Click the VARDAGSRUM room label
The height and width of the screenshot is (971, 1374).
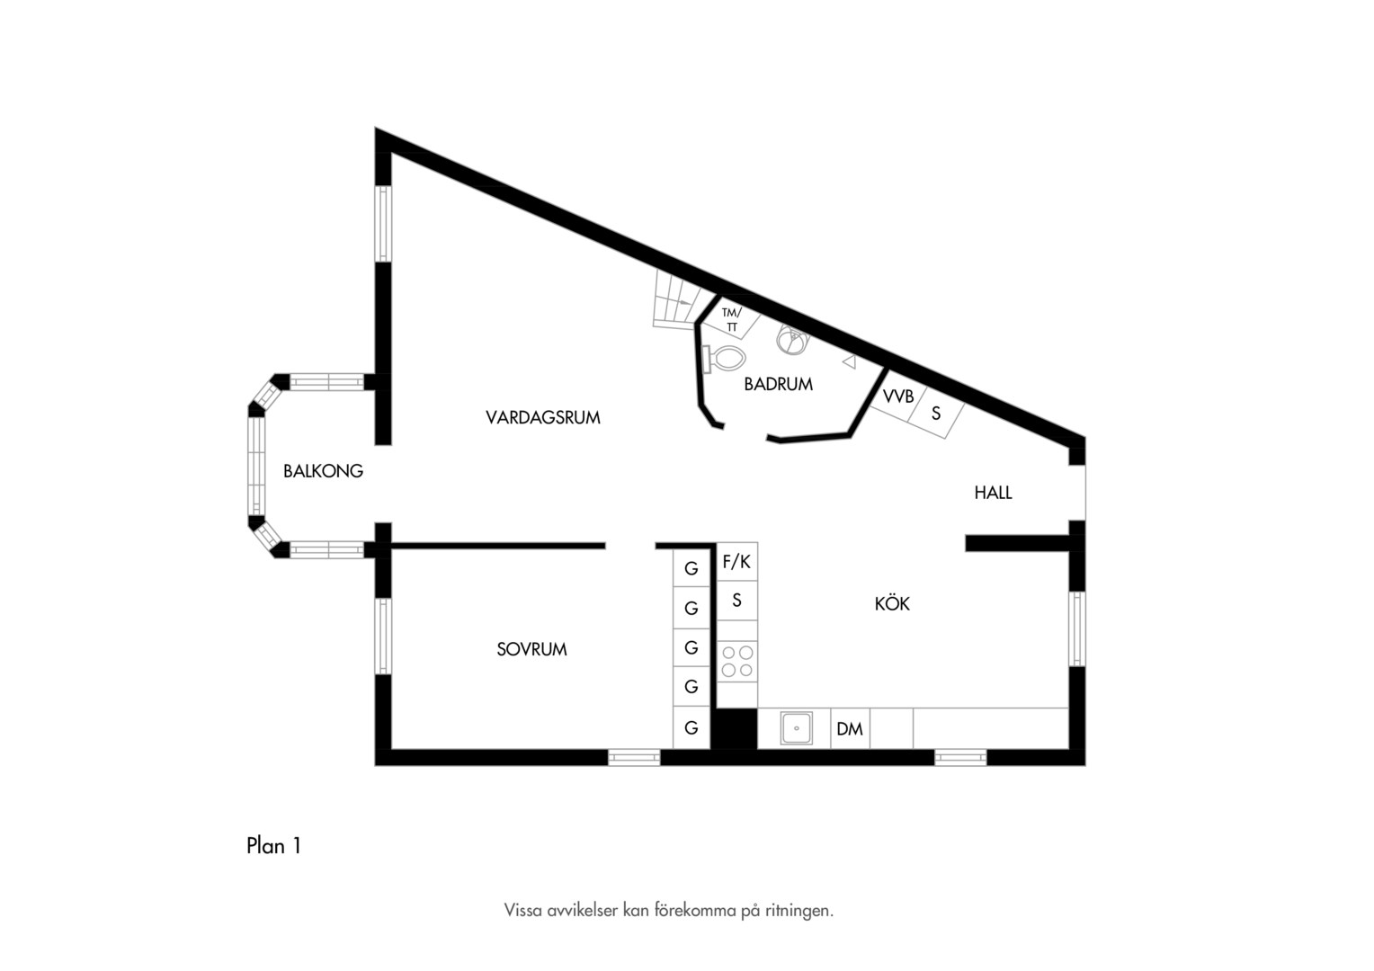click(543, 418)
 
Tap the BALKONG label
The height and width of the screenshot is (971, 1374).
click(323, 471)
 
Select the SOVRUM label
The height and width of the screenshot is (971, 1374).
click(531, 649)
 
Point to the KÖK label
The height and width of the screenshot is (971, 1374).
click(892, 603)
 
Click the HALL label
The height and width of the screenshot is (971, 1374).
click(993, 493)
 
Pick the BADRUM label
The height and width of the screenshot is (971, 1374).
click(779, 384)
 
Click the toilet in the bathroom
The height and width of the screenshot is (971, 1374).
click(724, 359)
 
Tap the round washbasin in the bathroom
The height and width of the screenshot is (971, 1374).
click(792, 339)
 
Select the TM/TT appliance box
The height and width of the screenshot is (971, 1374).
click(731, 320)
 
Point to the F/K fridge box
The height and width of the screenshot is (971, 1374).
click(736, 561)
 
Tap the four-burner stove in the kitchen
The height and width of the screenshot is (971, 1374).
click(737, 661)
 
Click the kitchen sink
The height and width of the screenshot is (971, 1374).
click(796, 728)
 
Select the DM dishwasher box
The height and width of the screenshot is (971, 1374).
click(850, 729)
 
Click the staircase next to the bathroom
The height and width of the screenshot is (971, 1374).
click(681, 300)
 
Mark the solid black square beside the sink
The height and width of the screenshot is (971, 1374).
click(734, 729)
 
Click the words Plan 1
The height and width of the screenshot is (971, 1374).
click(273, 846)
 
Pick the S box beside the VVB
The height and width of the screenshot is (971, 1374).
click(936, 414)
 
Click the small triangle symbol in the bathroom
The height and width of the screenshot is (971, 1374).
click(850, 362)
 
